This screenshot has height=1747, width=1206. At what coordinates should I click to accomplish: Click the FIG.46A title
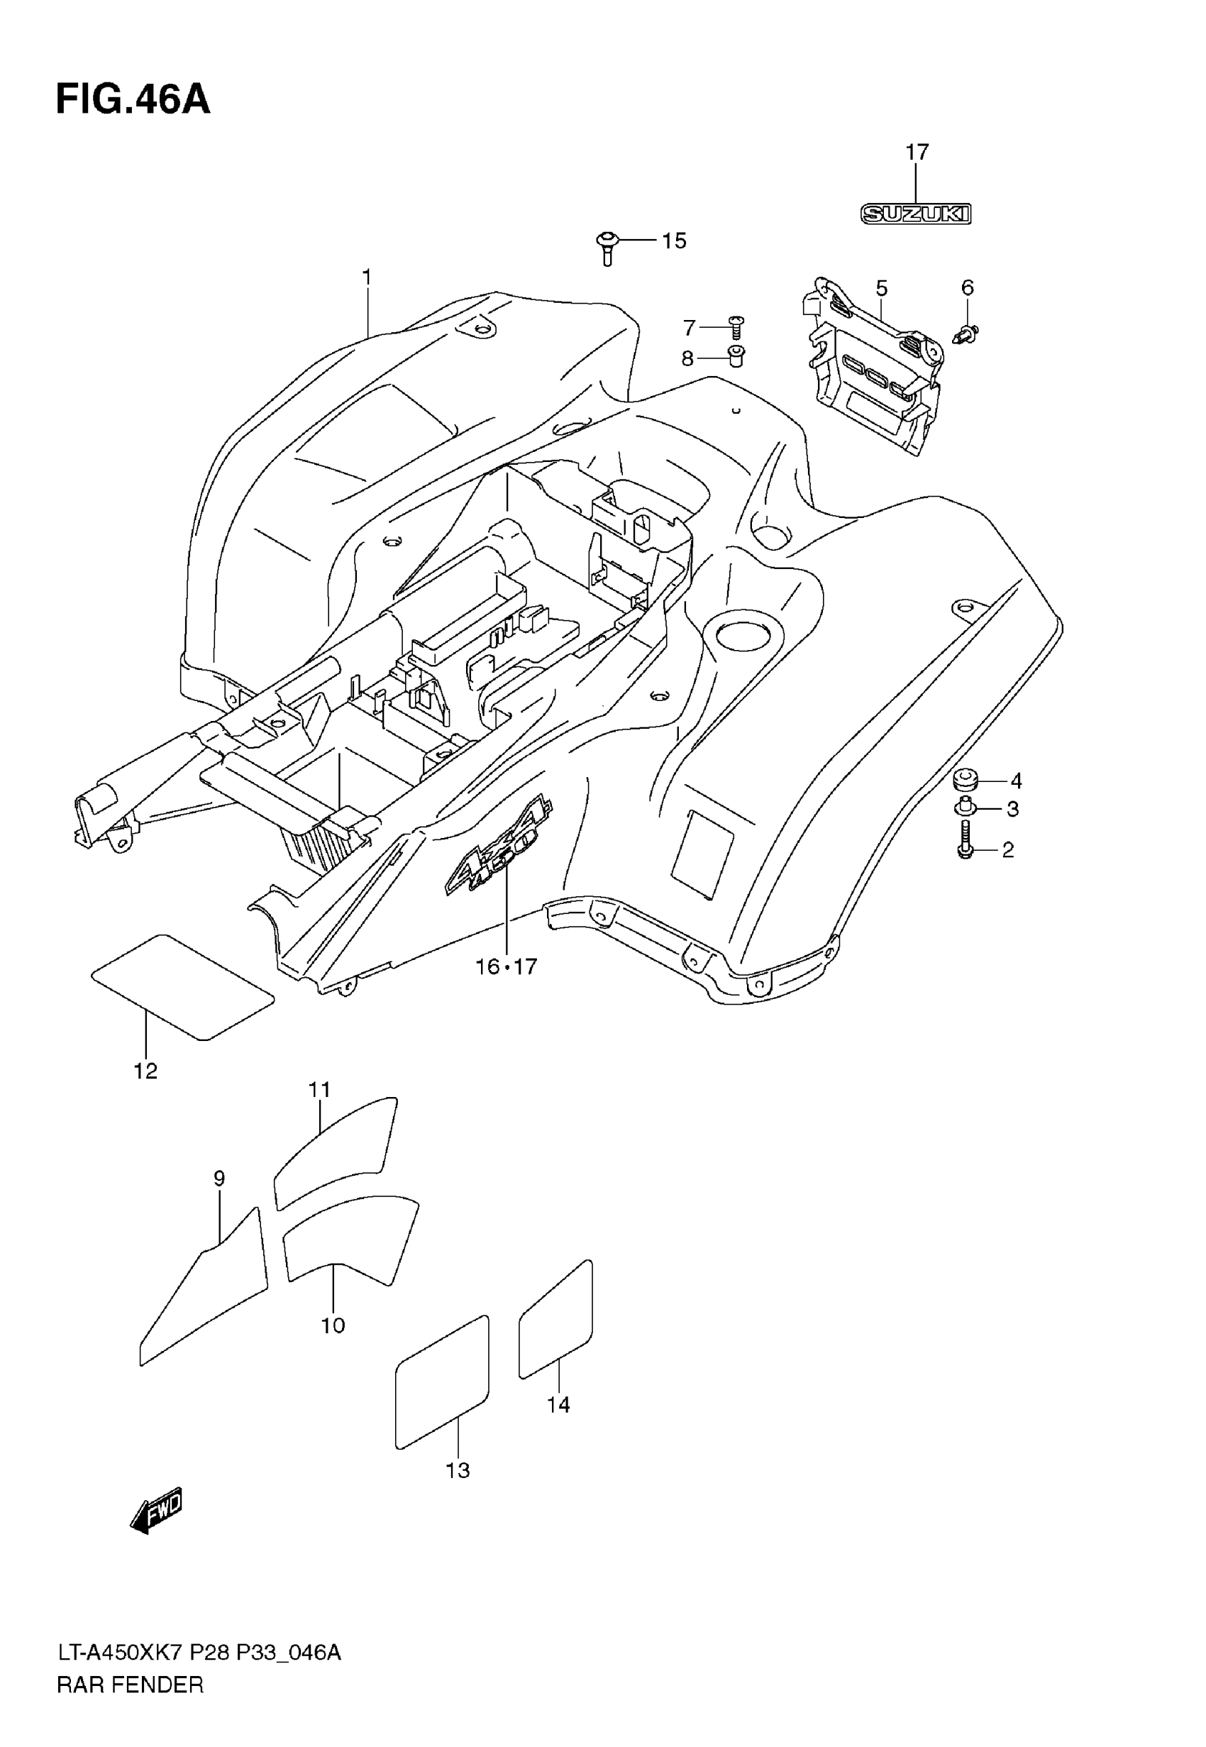point(133,100)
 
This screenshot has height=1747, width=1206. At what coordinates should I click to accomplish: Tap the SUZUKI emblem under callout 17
point(916,214)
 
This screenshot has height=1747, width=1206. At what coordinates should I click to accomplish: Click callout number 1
point(367,278)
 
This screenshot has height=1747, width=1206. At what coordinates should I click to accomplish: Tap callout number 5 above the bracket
point(881,289)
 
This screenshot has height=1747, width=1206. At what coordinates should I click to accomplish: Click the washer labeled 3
point(964,808)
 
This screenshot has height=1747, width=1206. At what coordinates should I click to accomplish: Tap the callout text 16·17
point(506,966)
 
